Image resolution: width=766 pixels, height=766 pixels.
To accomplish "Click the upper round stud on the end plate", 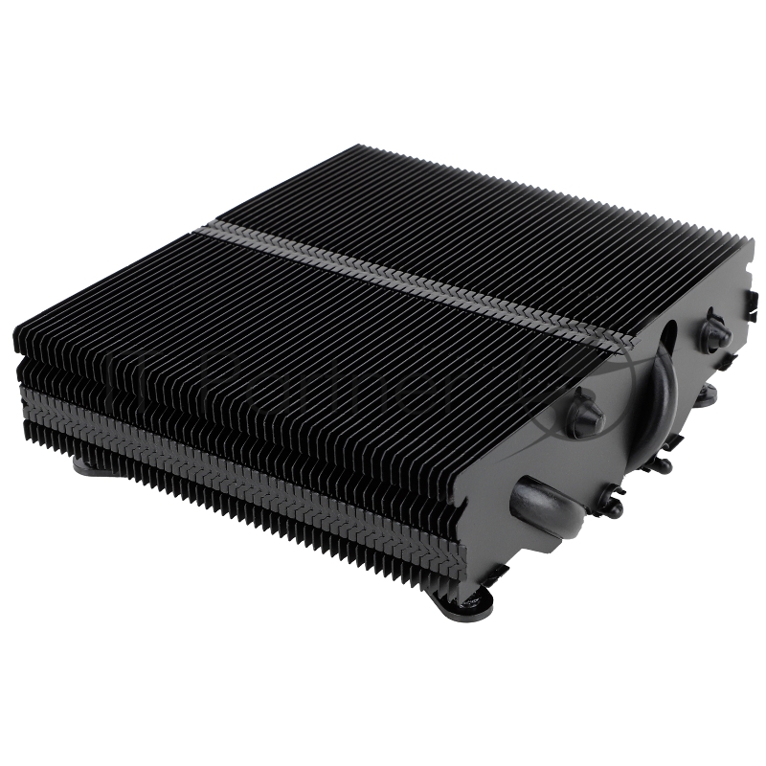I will pos(714,332).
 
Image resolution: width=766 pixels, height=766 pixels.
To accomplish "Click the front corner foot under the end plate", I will pos(462,600).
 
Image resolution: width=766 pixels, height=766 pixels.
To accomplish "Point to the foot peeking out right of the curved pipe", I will pos(708,394).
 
